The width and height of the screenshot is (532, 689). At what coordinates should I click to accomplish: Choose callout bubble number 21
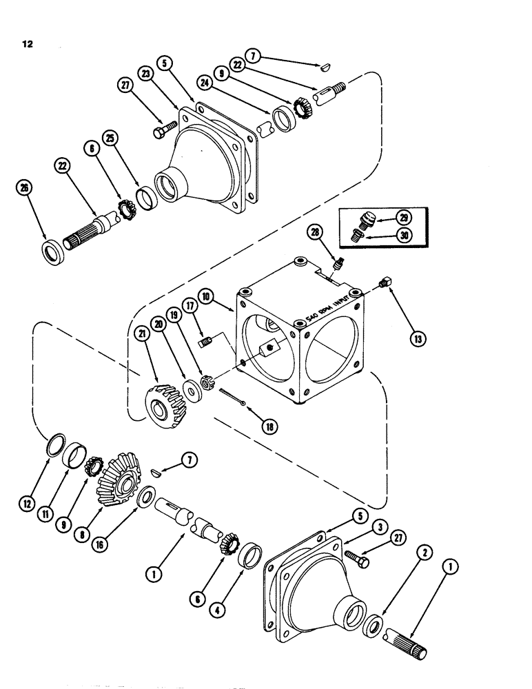click(x=143, y=334)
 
